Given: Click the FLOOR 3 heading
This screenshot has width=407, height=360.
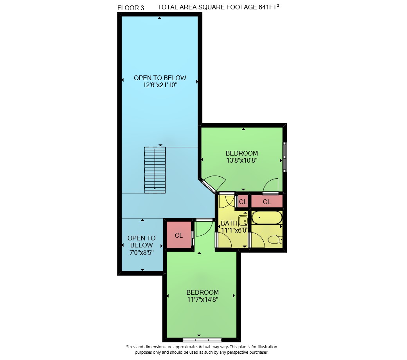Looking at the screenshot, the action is (131, 8).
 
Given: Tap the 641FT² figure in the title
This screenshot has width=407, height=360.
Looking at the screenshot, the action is (268, 7).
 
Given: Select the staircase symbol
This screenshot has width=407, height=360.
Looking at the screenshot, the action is (155, 170).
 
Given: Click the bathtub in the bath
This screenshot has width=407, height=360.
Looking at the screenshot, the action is (267, 218).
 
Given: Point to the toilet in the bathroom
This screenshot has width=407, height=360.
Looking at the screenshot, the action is (275, 240).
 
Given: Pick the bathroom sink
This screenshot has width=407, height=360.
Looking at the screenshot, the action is (243, 221).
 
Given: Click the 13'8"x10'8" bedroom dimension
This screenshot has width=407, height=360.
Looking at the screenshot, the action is (242, 160).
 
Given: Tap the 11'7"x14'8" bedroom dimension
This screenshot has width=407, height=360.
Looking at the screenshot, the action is (203, 300).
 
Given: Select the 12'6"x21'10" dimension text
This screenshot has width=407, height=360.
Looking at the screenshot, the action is (160, 85).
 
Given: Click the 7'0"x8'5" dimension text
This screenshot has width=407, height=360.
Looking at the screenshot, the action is (141, 252).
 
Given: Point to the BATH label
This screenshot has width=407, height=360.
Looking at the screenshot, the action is (229, 223).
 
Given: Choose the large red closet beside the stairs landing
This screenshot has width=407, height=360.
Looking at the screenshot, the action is (178, 235).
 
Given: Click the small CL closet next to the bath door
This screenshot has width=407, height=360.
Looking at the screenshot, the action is (243, 202).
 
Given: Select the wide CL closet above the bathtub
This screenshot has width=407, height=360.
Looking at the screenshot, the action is (267, 202).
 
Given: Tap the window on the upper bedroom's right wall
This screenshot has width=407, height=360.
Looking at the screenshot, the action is (285, 157).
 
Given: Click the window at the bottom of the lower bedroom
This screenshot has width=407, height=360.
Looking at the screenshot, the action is (202, 340).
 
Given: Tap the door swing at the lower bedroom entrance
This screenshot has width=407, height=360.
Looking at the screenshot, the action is (204, 227).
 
